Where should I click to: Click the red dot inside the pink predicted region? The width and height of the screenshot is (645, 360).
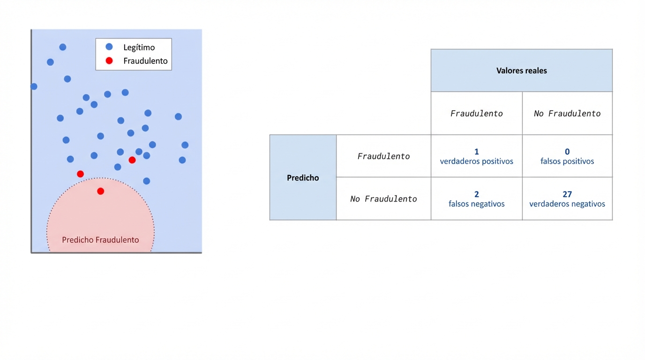pos(100,191)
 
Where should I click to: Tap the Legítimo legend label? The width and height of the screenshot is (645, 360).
pos(139,47)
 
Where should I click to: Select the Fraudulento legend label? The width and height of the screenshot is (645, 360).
pos(145,61)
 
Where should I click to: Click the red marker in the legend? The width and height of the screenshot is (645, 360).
pos(109,60)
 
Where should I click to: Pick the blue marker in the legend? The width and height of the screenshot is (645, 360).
pos(109,47)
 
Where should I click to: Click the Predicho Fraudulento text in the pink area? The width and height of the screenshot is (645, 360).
pos(100,240)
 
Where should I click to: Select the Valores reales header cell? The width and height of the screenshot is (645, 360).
pos(521,71)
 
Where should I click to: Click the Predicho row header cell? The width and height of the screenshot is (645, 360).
pos(303,178)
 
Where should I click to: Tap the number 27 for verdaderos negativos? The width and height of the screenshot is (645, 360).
pos(567,194)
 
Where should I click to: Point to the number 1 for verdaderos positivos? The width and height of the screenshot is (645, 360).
pos(476,152)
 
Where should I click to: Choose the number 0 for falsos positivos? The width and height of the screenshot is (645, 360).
pos(567,152)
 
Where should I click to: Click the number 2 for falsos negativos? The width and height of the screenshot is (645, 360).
pos(476,194)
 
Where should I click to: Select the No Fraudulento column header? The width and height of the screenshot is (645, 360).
pos(567,113)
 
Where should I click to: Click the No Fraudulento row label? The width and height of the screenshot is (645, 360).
pos(383,199)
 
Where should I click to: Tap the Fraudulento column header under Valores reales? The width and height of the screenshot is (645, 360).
pos(476,113)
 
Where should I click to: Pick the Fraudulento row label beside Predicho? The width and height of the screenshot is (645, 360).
pos(383,156)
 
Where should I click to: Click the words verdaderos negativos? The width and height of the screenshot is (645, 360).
pos(567,204)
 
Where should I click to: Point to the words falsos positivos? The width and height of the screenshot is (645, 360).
pos(567,161)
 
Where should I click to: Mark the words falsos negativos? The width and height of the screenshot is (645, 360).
pos(476,204)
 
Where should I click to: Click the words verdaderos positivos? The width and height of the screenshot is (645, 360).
pos(476,161)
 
